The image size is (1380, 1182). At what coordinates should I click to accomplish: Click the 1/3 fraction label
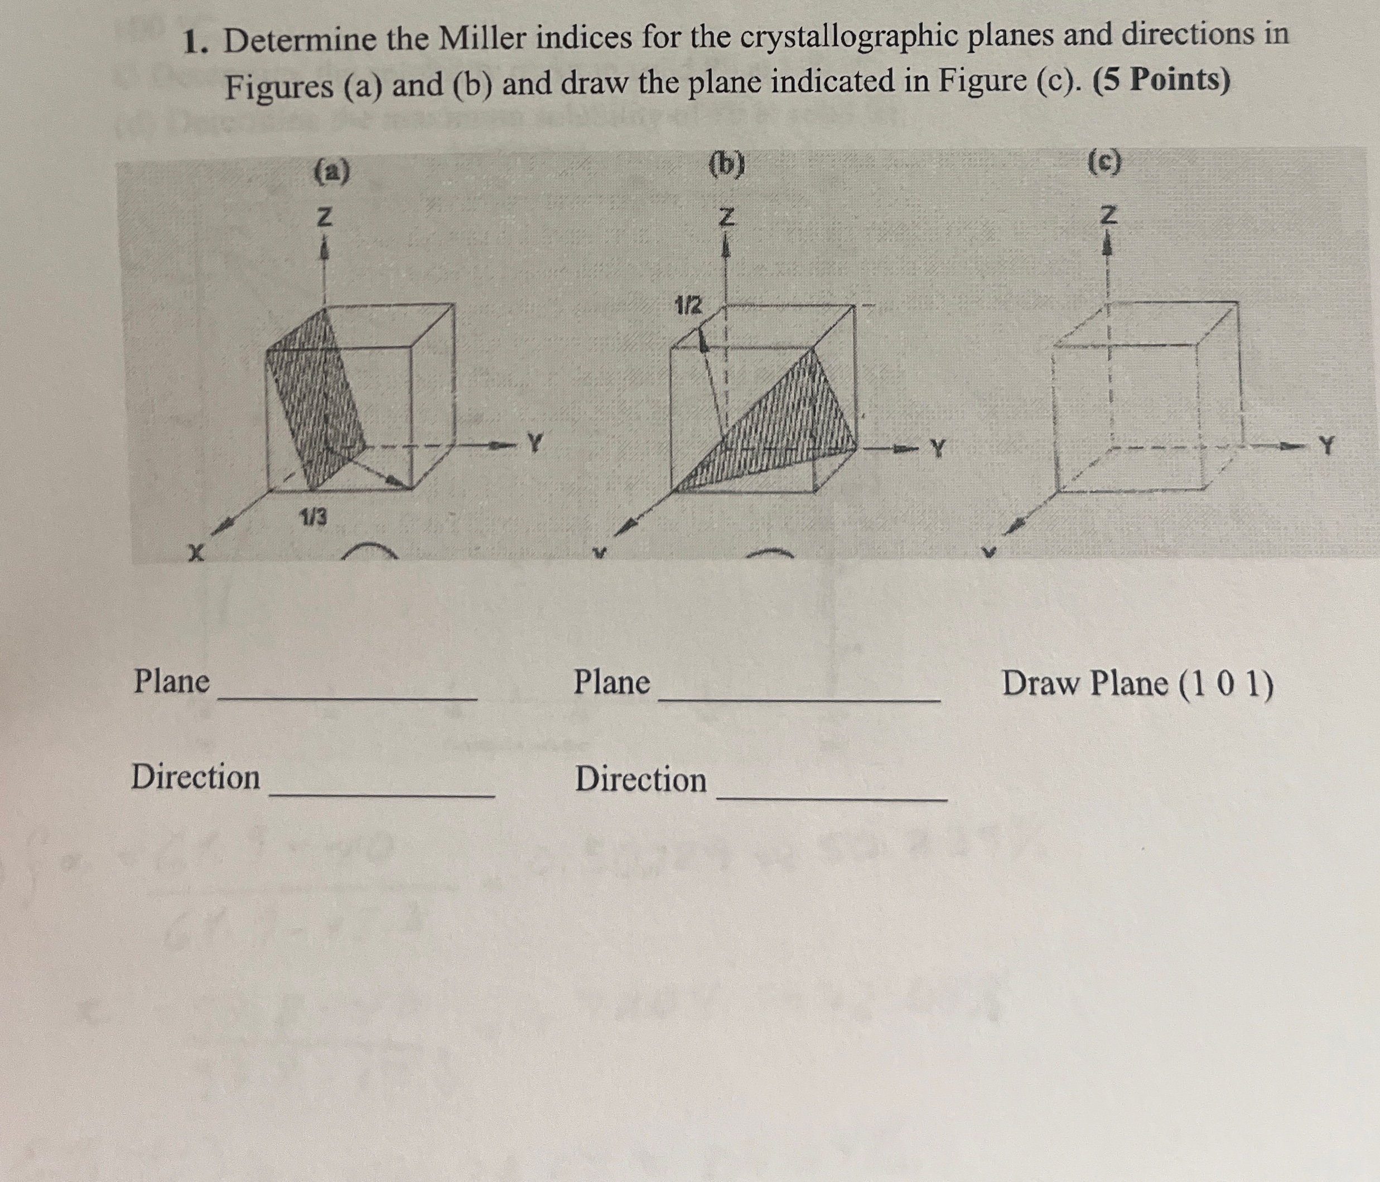tap(313, 516)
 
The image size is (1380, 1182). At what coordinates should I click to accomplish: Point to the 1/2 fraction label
tap(688, 306)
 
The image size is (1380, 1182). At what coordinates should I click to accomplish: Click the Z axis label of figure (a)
tap(324, 217)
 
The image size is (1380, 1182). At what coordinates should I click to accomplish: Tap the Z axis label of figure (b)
tap(727, 216)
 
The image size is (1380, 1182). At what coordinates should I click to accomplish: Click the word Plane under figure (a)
tap(172, 681)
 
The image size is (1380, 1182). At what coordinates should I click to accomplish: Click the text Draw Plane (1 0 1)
tap(1137, 684)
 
